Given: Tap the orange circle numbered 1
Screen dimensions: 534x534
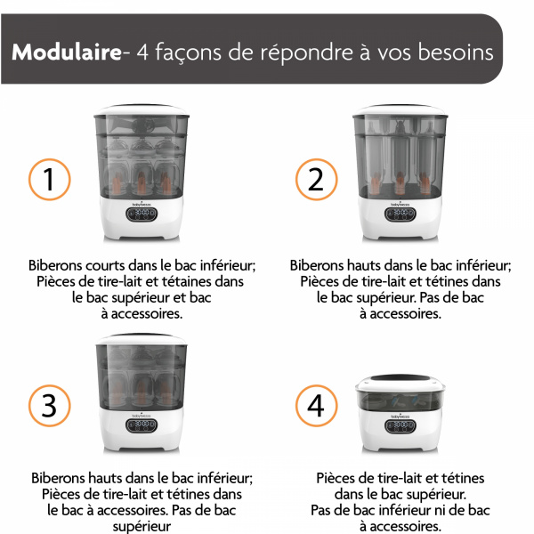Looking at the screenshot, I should point(50,180).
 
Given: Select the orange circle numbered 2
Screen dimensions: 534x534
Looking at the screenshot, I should point(316,180).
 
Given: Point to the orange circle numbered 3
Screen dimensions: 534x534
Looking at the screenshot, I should point(50,405).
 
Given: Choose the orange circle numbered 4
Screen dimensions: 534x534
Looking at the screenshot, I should point(316,405).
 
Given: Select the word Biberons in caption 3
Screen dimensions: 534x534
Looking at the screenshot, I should point(61,477).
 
